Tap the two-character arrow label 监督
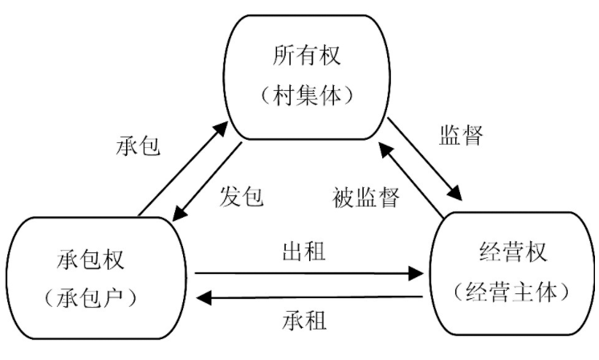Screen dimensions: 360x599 pos(461,134)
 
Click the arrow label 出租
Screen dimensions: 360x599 pos(304,252)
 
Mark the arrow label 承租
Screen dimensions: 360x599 pos(304,321)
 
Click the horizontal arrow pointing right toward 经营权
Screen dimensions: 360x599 pos(309,274)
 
